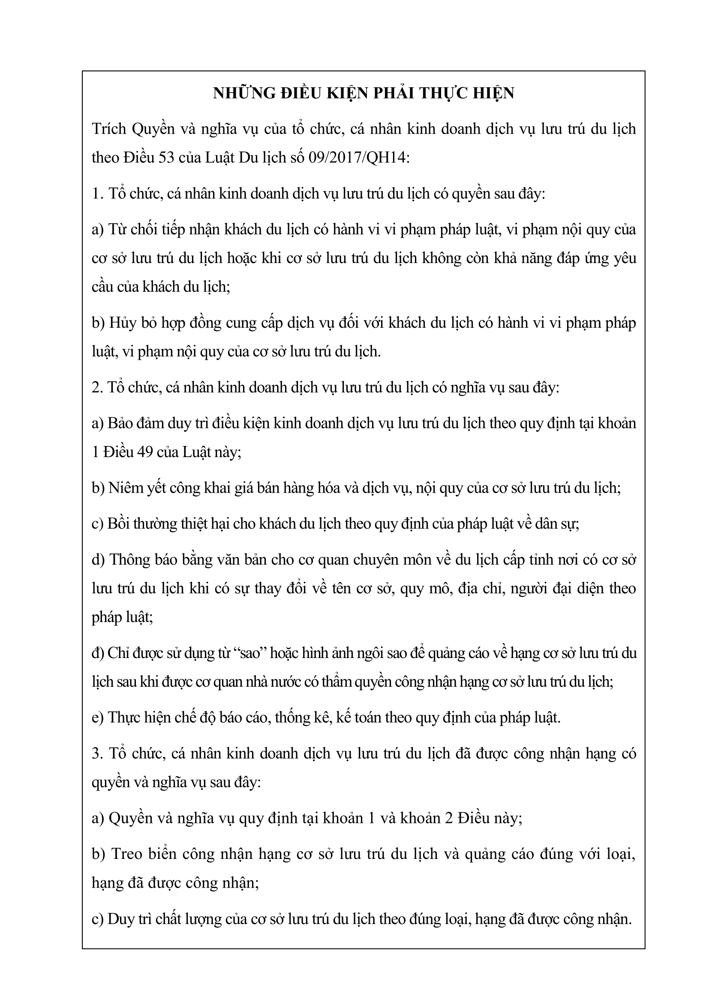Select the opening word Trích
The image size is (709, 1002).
pos(108,129)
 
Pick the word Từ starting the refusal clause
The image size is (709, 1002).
pos(117,230)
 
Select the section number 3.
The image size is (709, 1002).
pos(96,754)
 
